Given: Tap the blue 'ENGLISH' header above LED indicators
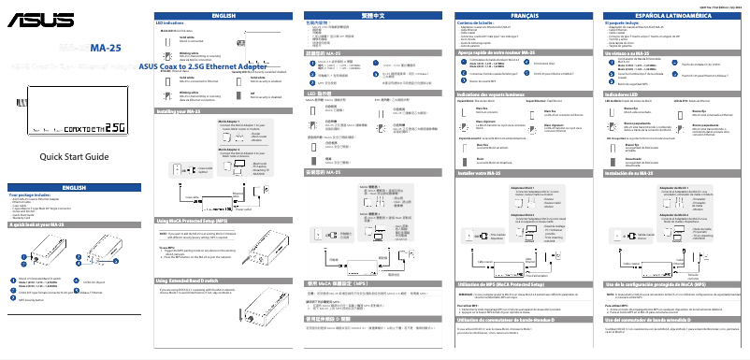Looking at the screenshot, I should click(224, 16).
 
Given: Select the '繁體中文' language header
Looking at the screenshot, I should click(373, 16).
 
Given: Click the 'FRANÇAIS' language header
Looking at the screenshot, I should click(523, 16).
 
